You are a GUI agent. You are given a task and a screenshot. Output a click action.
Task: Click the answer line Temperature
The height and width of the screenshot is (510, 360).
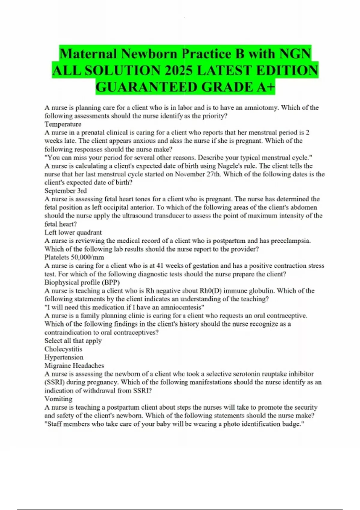coord(63,124)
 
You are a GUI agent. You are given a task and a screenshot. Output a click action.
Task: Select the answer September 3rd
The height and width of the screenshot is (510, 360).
coord(65,191)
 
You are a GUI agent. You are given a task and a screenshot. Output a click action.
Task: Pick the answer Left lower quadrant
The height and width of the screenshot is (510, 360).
coord(73,232)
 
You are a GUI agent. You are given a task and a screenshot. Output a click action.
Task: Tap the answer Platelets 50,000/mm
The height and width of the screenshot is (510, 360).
coord(74,257)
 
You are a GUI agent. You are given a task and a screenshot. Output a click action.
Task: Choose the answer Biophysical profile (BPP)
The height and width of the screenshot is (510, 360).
coord(82,282)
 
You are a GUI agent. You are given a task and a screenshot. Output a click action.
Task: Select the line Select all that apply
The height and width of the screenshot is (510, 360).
coord(73,341)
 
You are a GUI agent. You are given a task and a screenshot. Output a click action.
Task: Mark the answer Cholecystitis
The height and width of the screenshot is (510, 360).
coord(63,349)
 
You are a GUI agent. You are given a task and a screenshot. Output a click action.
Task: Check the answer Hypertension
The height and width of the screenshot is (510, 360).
coord(64,357)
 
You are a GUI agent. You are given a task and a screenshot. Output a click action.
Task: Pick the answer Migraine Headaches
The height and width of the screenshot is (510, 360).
coord(74,366)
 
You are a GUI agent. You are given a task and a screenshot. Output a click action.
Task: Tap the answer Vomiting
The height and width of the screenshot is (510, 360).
coord(58,399)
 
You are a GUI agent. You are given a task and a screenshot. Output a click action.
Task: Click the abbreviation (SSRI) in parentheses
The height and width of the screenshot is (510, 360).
coord(54,382)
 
